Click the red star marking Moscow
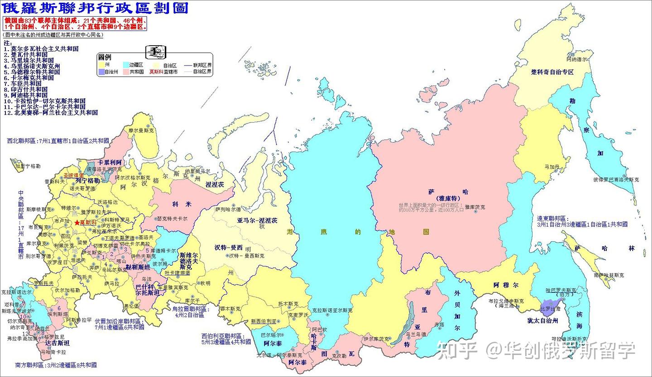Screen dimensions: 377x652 77,223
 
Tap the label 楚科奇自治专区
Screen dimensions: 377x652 552,72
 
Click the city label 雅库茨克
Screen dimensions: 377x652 475,207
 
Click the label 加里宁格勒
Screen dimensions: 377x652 28,166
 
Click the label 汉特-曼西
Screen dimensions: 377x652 229,247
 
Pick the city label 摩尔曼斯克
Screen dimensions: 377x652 141,130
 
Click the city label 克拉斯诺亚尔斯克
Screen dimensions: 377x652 332,310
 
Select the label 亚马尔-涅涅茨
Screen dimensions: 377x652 257,220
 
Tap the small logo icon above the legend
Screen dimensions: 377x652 156,51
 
